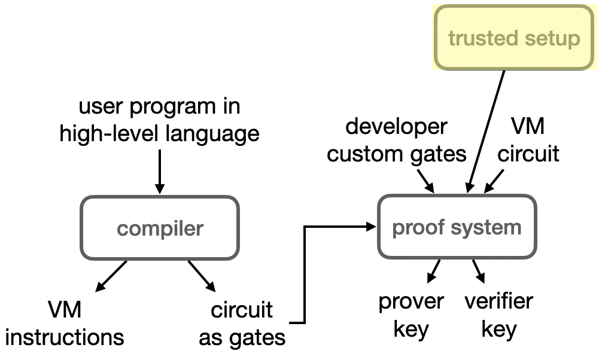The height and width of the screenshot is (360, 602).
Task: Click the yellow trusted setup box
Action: coord(514,38)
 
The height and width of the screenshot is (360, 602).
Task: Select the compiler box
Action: coord(160,228)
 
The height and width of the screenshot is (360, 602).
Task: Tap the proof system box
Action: coord(457,227)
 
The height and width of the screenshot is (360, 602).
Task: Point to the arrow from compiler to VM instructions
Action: coord(111,276)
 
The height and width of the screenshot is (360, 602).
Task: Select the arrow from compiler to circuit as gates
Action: coord(202,276)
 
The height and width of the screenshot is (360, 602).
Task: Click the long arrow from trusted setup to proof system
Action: coord(485,132)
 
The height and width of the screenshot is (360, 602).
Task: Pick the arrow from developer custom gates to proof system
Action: coord(426,181)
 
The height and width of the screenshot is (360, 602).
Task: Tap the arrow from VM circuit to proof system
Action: coord(494,181)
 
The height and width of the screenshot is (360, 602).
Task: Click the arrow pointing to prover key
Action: coord(433,271)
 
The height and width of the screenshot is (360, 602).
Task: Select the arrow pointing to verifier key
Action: coord(479,271)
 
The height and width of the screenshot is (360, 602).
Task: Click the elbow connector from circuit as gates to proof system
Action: coord(305,275)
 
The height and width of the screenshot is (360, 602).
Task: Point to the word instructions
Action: coord(65,337)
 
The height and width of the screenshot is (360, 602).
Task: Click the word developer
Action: coord(396,127)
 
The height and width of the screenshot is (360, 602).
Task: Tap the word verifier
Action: coord(498,301)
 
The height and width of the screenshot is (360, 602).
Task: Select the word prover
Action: coord(411,301)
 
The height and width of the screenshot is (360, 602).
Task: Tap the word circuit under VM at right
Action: coord(528,154)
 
